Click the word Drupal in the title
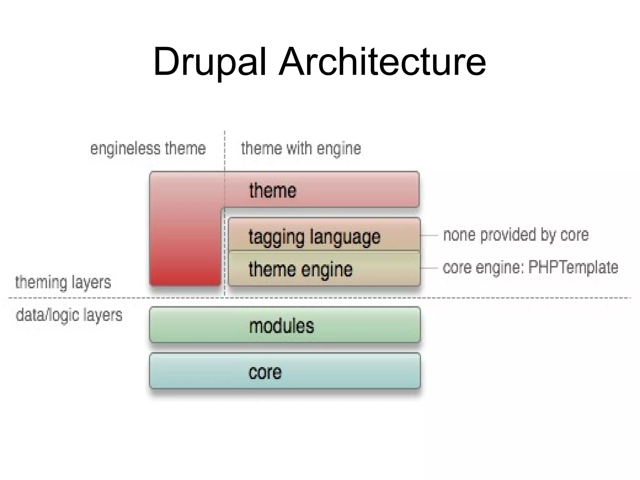pyautogui.click(x=209, y=62)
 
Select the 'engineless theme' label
pyautogui.click(x=148, y=148)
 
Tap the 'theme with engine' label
pyautogui.click(x=301, y=148)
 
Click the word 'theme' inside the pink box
pyautogui.click(x=272, y=190)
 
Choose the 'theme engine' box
pyautogui.click(x=324, y=269)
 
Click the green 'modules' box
pyautogui.click(x=285, y=325)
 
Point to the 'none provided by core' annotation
pyautogui.click(x=516, y=235)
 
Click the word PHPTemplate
pyautogui.click(x=573, y=267)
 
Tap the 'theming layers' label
pyautogui.click(x=63, y=282)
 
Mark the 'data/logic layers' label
pyautogui.click(x=69, y=315)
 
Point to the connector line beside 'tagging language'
pyautogui.click(x=429, y=235)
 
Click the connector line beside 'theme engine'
pyautogui.click(x=429, y=268)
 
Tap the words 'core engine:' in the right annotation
pyautogui.click(x=483, y=267)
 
